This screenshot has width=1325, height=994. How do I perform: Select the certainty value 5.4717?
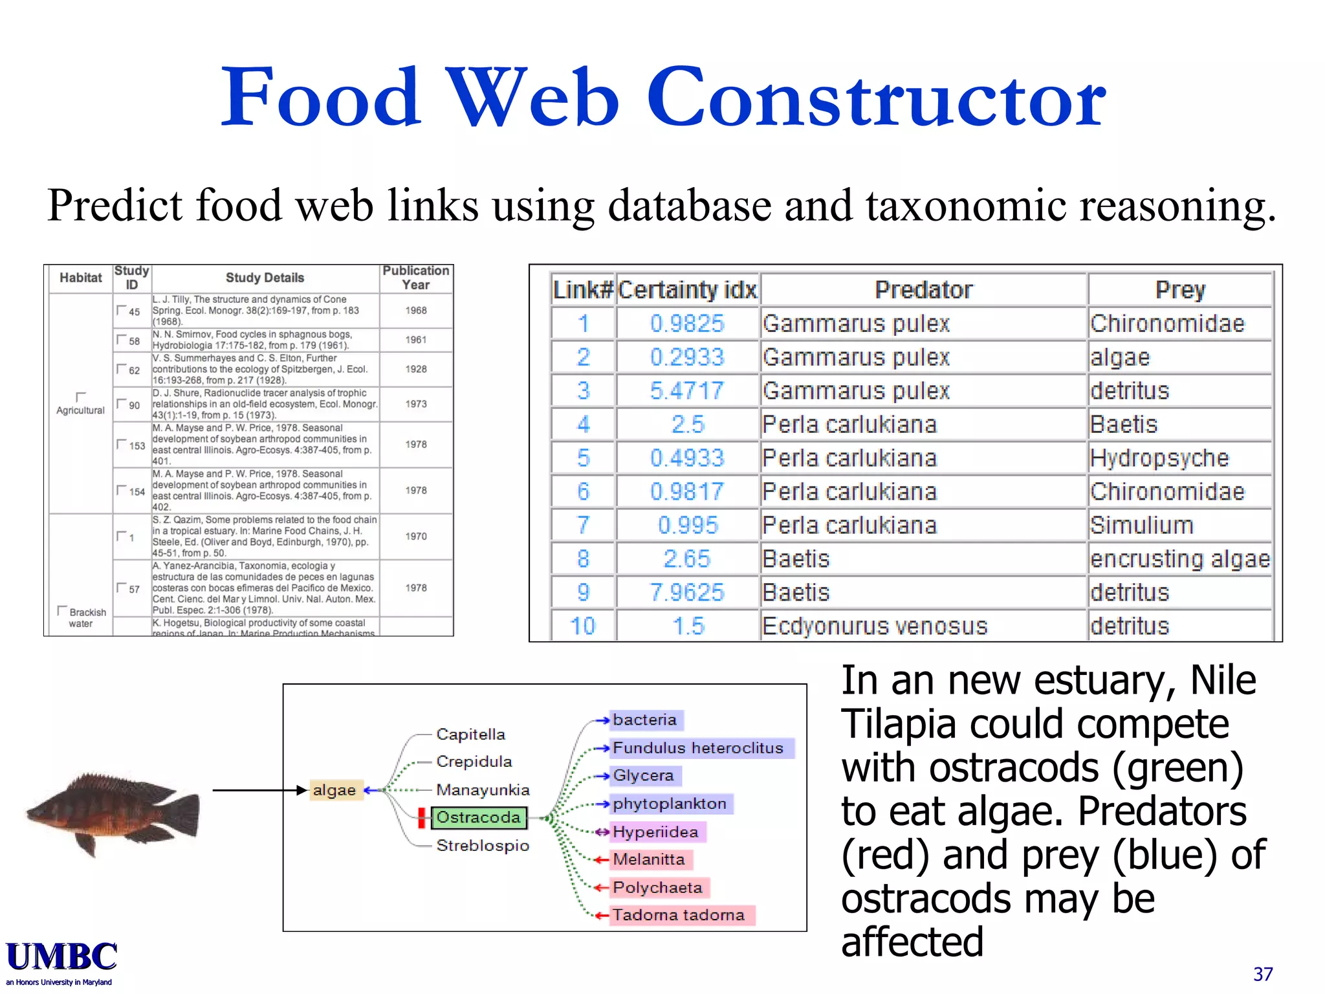pyautogui.click(x=686, y=391)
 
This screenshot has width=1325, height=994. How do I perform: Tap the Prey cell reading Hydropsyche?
pyautogui.click(x=1159, y=458)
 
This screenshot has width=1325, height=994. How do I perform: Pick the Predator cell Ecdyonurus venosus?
pyautogui.click(x=875, y=626)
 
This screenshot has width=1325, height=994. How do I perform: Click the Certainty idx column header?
pyautogui.click(x=687, y=290)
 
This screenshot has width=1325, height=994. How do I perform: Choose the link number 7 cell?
pyautogui.click(x=583, y=525)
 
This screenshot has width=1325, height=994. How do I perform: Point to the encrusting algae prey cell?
pyautogui.click(x=1179, y=559)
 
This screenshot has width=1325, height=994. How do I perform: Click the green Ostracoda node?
pyautogui.click(x=478, y=817)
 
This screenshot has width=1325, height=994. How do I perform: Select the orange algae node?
pyautogui.click(x=334, y=790)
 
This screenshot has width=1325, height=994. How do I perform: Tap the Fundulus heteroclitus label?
pyautogui.click(x=697, y=748)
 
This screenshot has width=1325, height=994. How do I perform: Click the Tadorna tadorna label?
pyautogui.click(x=678, y=915)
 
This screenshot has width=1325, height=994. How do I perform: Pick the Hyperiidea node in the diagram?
pyautogui.click(x=655, y=832)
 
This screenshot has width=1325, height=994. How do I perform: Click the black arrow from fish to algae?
pyautogui.click(x=259, y=790)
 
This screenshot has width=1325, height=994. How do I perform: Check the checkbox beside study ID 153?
pyautogui.click(x=120, y=444)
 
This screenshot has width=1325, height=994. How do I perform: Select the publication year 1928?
pyautogui.click(x=416, y=370)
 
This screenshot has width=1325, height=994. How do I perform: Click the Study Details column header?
pyautogui.click(x=265, y=278)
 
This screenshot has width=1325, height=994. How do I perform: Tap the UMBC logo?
pyautogui.click(x=61, y=958)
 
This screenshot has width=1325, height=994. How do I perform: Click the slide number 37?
pyautogui.click(x=1262, y=974)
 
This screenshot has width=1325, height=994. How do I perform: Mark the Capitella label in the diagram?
pyautogui.click(x=470, y=734)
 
